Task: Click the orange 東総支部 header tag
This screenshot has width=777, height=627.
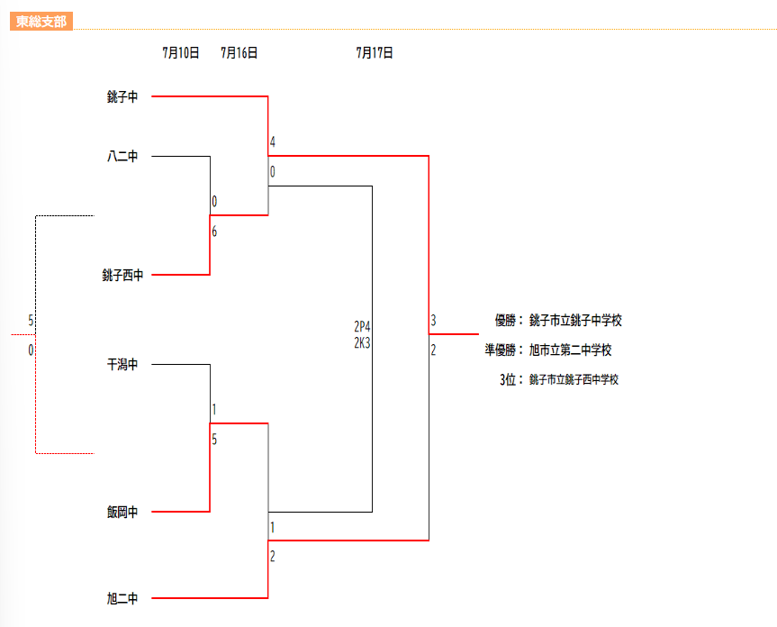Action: click(41, 22)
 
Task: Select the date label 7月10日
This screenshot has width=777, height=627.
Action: click(181, 52)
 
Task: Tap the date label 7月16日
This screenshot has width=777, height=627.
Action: click(239, 52)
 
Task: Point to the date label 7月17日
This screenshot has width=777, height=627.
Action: click(375, 52)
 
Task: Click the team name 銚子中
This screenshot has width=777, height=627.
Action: click(122, 96)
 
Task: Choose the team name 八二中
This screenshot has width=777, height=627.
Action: click(122, 156)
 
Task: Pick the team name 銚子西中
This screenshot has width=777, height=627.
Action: click(122, 275)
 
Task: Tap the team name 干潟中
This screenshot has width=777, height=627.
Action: click(122, 364)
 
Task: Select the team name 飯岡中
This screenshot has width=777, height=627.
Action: click(122, 512)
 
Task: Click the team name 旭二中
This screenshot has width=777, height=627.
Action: click(122, 598)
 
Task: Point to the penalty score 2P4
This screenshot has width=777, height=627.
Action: click(362, 326)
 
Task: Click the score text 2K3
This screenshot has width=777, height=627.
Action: click(362, 342)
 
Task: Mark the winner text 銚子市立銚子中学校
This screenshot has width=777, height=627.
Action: click(575, 320)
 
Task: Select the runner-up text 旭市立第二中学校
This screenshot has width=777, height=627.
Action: click(570, 350)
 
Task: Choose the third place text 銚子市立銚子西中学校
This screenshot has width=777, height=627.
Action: click(574, 379)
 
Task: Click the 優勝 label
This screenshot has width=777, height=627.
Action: click(505, 320)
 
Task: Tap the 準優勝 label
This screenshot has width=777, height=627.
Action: click(501, 350)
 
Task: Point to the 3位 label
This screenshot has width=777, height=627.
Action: click(508, 379)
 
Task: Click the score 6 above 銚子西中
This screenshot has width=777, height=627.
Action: click(214, 231)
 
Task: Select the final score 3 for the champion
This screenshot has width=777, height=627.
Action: click(433, 320)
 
